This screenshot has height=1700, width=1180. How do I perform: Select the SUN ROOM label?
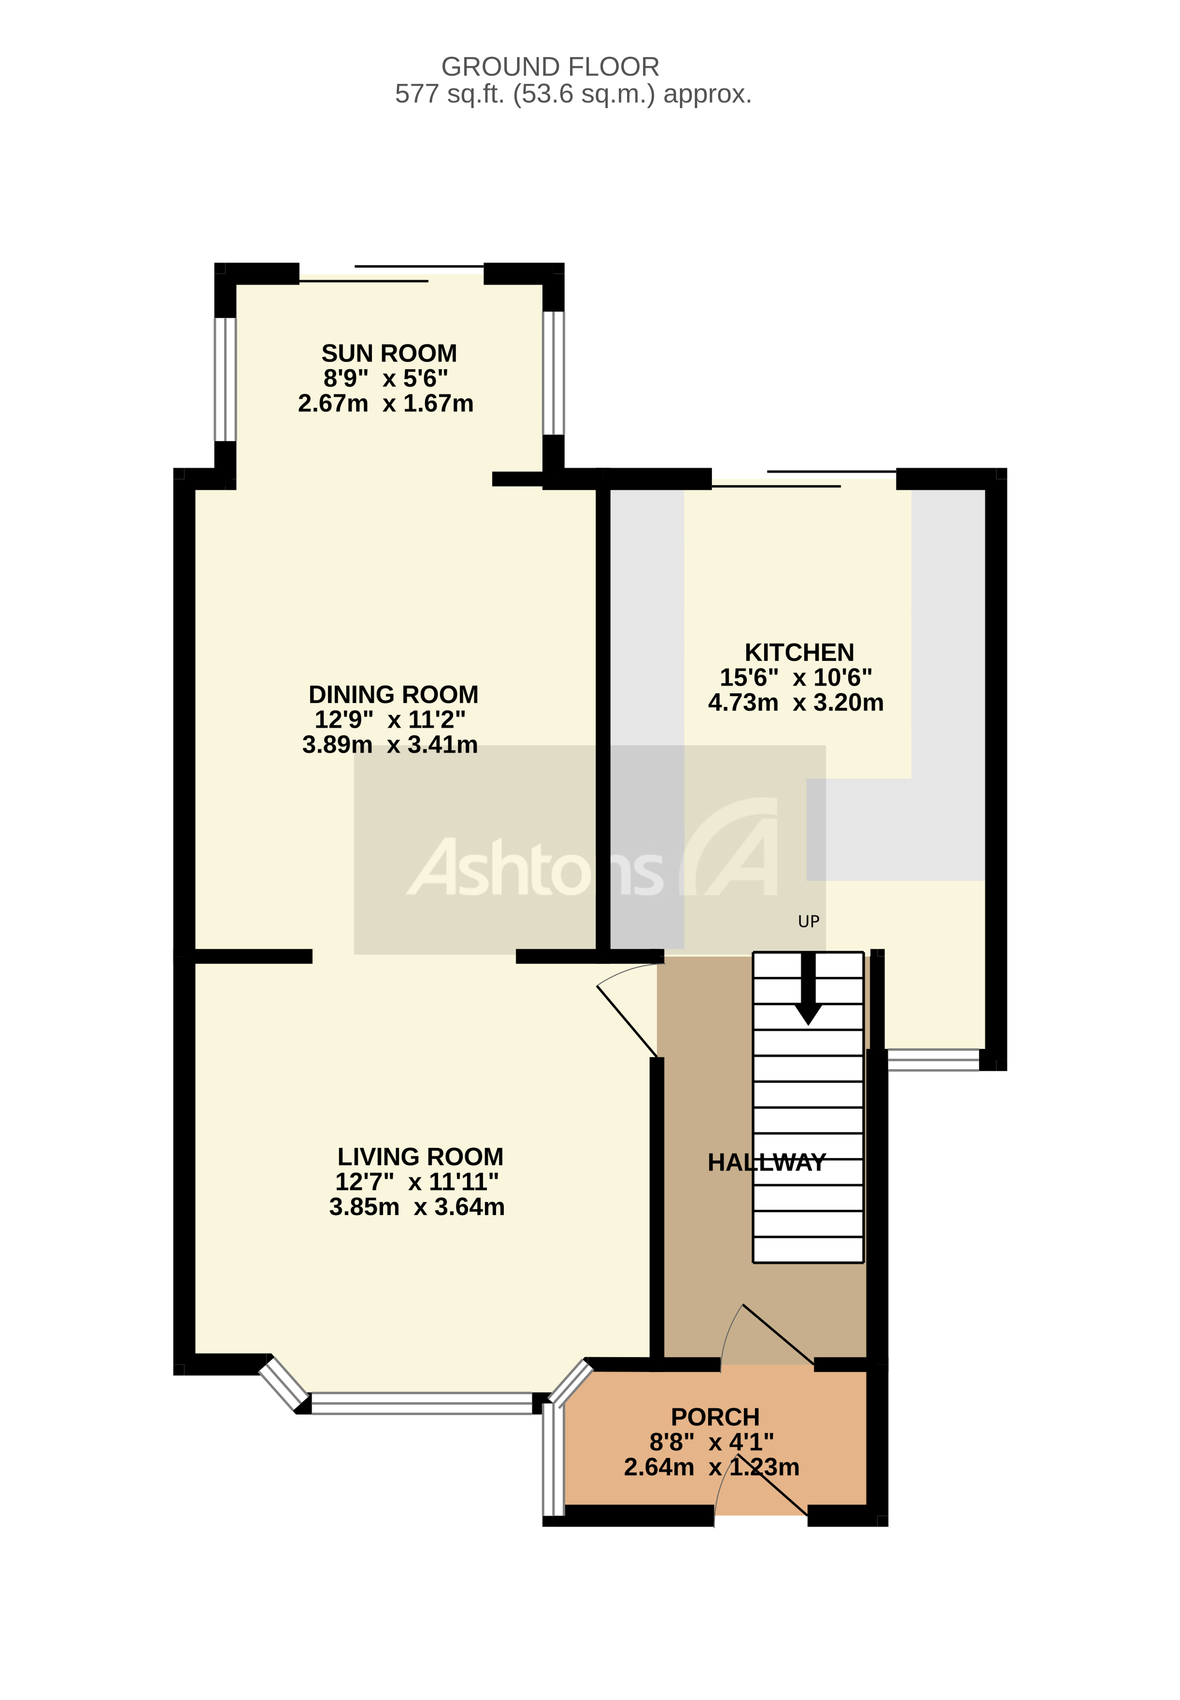coord(389,353)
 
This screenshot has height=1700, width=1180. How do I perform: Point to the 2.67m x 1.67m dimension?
coord(385,403)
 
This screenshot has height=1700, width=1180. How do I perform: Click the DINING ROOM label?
coord(393,695)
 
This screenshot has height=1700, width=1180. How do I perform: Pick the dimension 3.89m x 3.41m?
coord(390,744)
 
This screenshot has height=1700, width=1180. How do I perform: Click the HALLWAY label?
coord(766,1163)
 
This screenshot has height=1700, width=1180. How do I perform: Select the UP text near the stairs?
coord(808,922)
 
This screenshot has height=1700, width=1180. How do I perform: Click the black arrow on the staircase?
coord(808,990)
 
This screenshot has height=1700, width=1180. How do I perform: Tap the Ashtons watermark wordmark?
coord(535,869)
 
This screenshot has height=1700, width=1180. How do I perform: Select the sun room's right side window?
coord(553,373)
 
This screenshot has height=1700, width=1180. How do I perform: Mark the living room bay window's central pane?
coord(421,1403)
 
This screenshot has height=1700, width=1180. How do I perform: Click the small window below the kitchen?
coord(933,1060)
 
